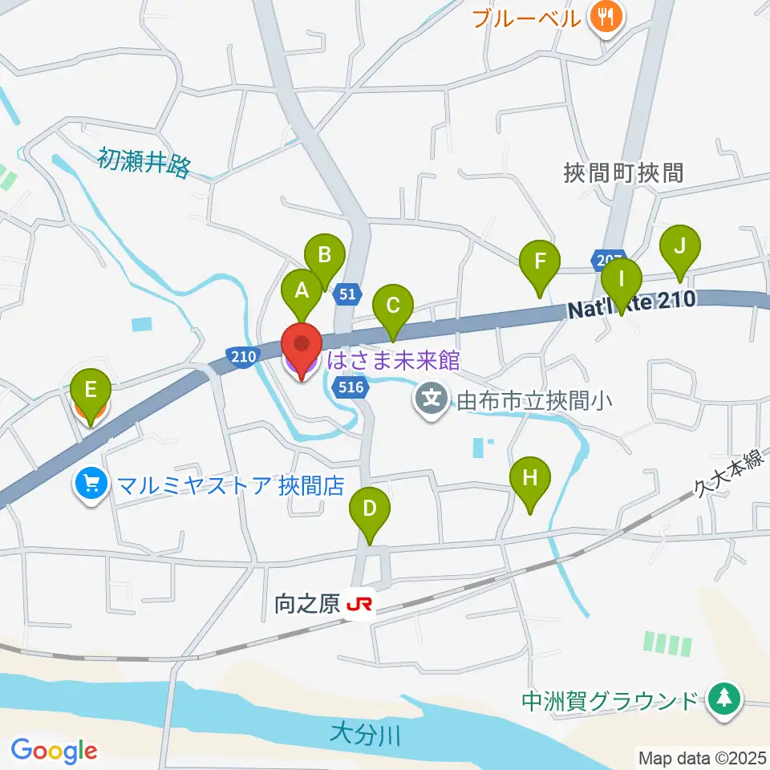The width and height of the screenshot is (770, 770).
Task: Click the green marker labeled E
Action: tap(91, 391)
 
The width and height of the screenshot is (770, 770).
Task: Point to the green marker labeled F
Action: tap(540, 261)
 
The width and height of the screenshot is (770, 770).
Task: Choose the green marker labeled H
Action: tap(529, 479)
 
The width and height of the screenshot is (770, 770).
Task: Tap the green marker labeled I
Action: tap(622, 280)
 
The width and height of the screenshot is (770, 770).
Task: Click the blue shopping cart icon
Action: tap(90, 484)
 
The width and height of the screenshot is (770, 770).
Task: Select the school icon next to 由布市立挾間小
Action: tap(432, 396)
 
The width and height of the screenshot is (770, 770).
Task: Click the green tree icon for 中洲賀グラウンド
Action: tap(724, 699)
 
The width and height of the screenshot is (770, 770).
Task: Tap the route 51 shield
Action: tap(346, 294)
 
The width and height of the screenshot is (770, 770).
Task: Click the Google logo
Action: tap(54, 751)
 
